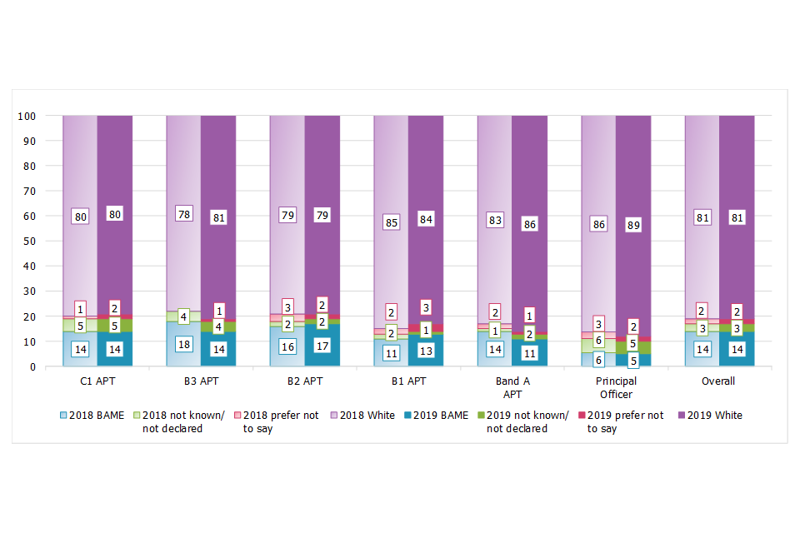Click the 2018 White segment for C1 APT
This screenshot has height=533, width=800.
pos(80,167)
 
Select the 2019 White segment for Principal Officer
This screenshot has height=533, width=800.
pos(633,167)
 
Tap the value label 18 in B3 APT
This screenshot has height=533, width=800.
pos(184,345)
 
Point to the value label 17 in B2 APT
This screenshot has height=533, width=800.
pos(322,345)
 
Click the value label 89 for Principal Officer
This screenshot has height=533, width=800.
pos(633,225)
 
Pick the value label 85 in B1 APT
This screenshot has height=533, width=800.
pos(392,222)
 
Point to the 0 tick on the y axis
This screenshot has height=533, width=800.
pos(31,366)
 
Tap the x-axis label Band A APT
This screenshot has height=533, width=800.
pos(512,388)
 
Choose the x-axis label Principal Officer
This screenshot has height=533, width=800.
pos(616,388)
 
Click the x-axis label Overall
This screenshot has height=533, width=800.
pos(719,382)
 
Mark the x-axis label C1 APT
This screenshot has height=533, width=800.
pos(97,382)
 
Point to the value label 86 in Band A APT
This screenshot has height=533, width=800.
pos(530,224)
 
